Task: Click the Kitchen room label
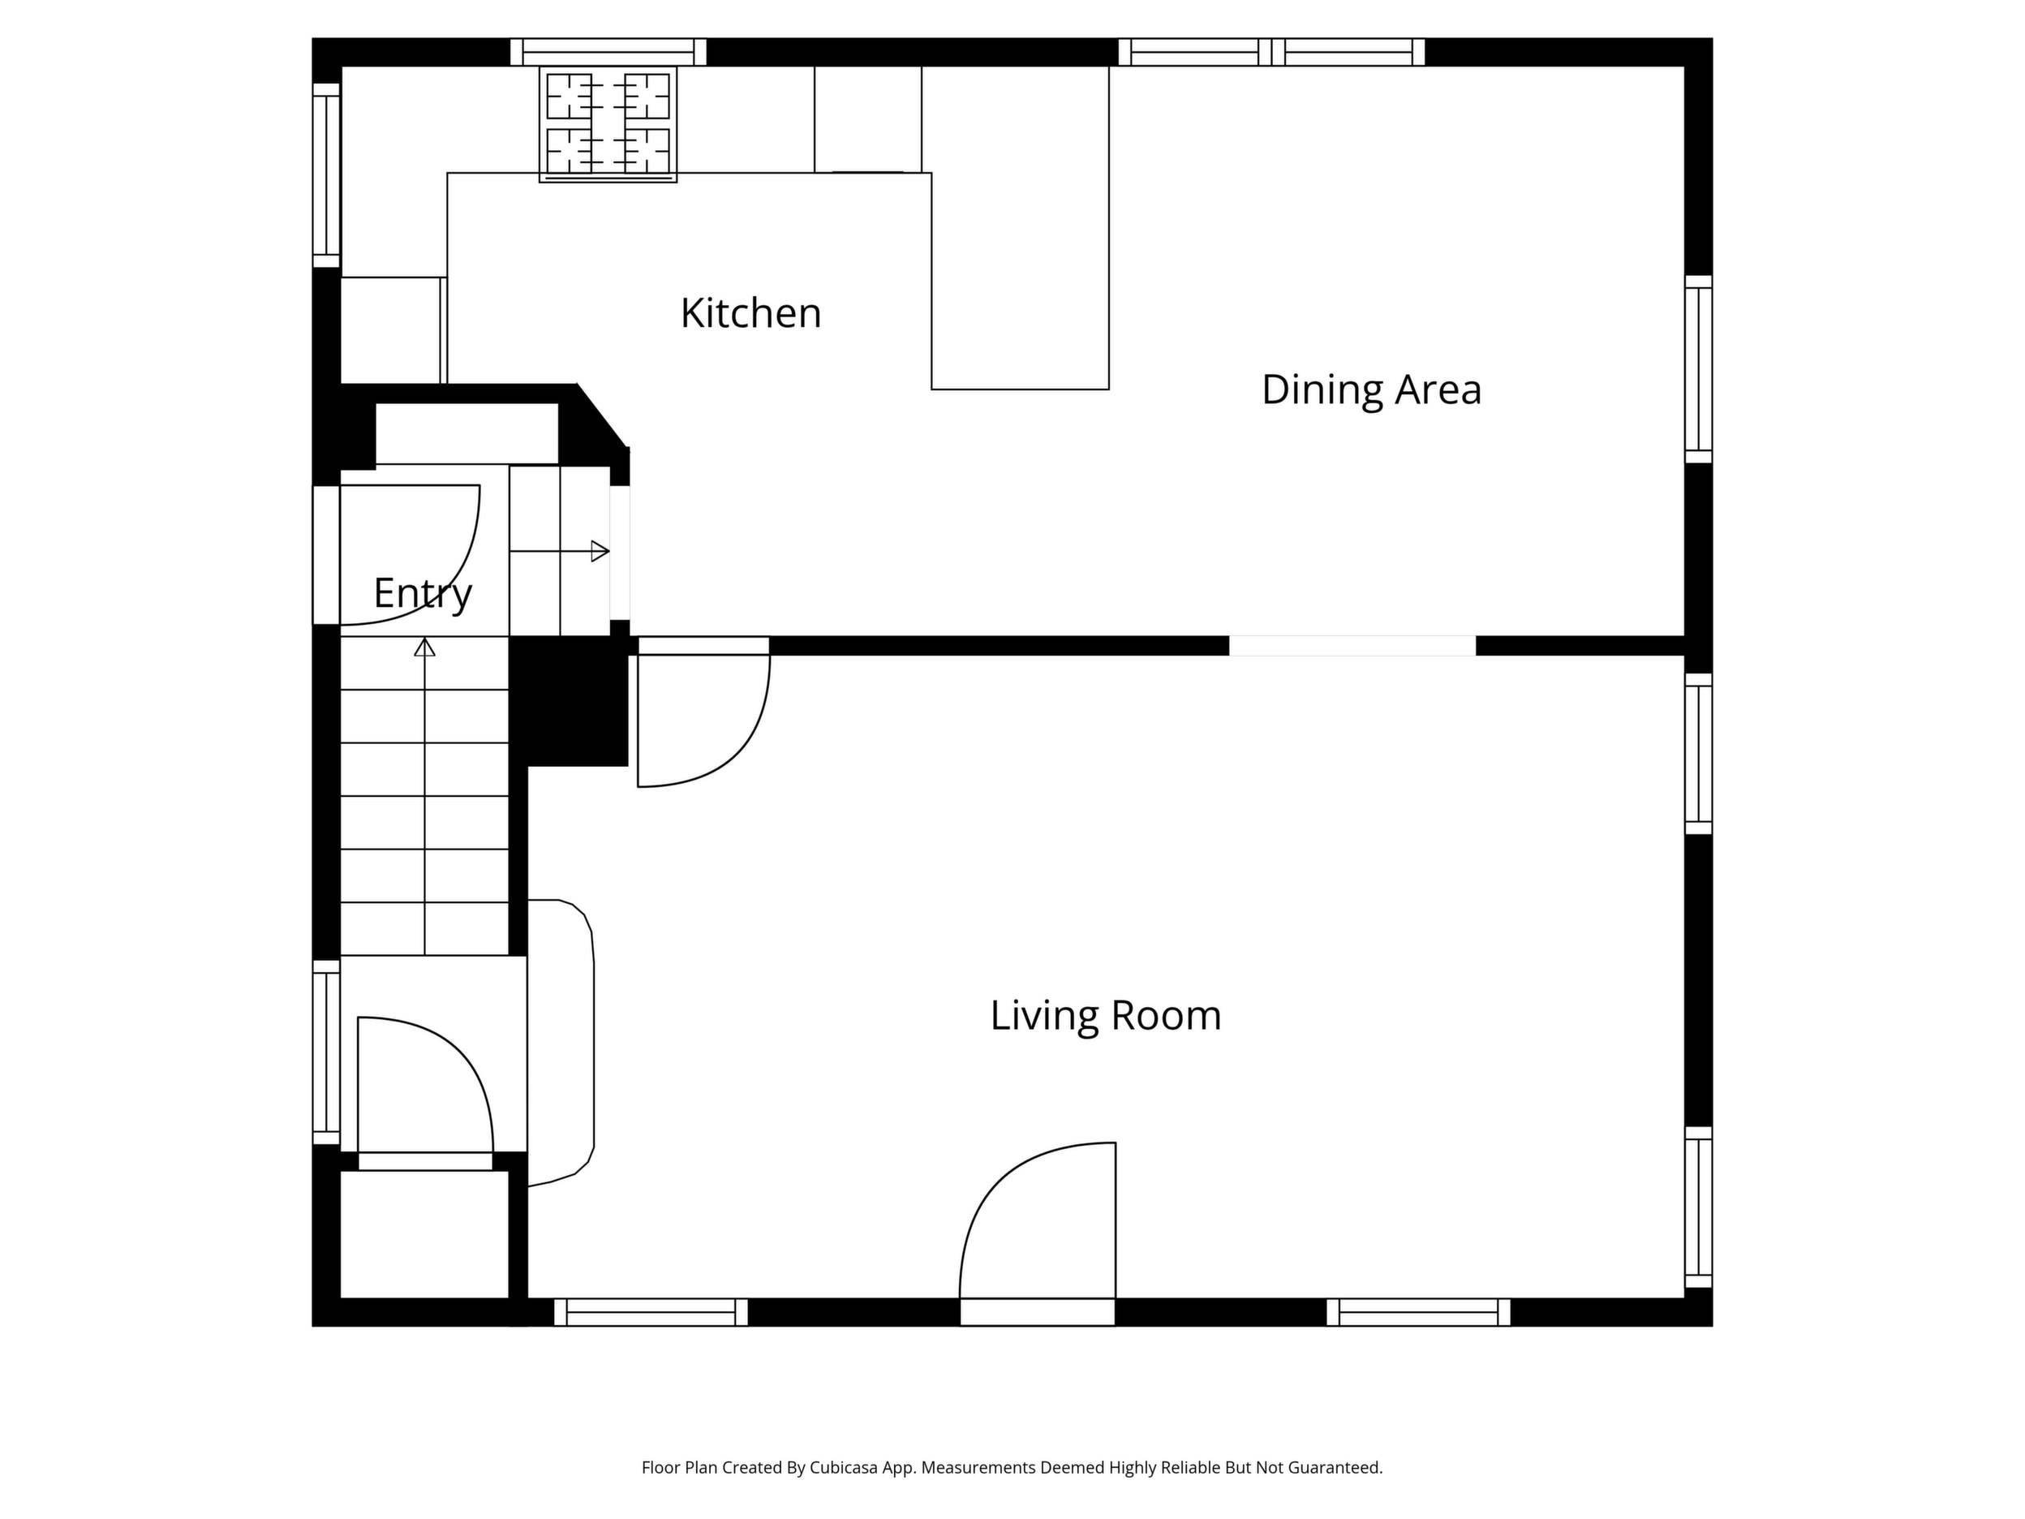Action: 750,313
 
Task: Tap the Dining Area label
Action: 1371,389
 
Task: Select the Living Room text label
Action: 1106,1015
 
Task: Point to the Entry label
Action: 423,594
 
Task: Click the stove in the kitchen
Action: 608,123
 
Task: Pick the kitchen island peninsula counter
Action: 1020,228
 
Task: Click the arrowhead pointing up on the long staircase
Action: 425,648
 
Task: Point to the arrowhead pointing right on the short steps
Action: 600,551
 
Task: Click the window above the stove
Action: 608,52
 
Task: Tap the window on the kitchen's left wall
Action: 327,176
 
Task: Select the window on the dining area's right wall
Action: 1699,369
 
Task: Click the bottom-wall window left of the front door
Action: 651,1312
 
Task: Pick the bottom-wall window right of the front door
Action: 1418,1312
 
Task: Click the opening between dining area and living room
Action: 1352,646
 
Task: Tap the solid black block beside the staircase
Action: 569,701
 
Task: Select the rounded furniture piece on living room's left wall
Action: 561,1043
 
